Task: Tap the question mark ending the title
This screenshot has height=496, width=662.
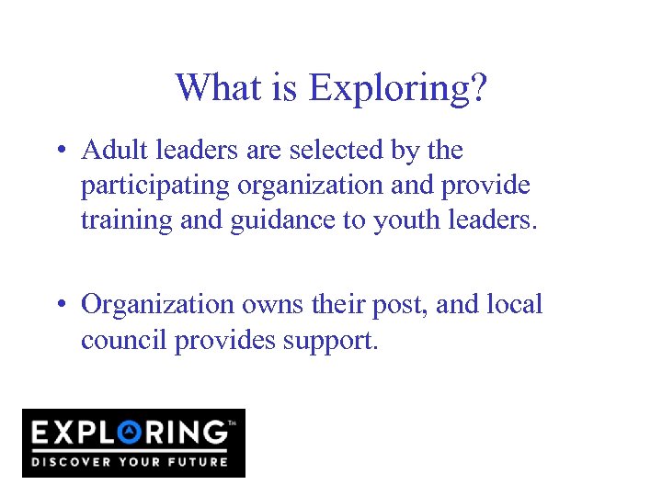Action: point(478,88)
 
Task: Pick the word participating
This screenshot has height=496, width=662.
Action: point(155,186)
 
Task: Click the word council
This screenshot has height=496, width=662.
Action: point(123,340)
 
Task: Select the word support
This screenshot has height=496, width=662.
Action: point(330,342)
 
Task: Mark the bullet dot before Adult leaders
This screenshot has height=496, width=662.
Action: point(61,151)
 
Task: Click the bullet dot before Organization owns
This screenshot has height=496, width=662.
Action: point(61,305)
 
